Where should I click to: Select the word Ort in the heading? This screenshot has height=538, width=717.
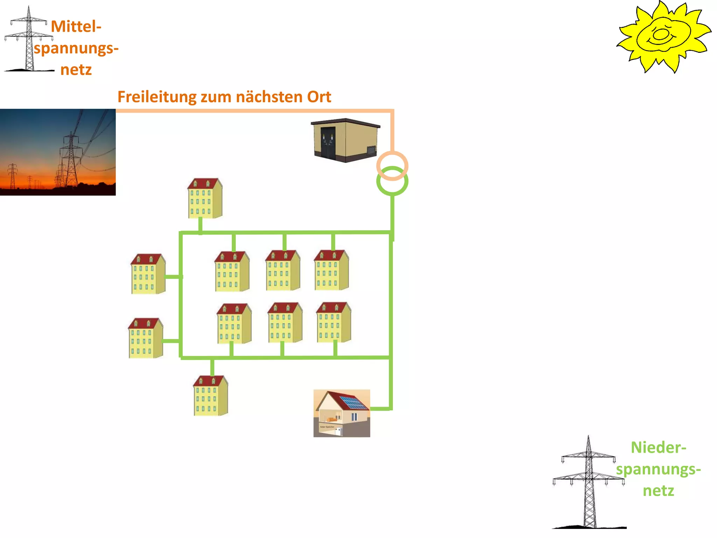pos(319,97)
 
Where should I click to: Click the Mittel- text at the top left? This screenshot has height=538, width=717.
pos(76,27)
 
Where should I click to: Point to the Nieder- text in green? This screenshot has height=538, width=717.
pos(658,448)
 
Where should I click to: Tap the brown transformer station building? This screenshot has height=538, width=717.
pos(345,140)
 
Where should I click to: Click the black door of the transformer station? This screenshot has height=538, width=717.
pos(328,144)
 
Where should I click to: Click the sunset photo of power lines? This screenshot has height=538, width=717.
pos(58,152)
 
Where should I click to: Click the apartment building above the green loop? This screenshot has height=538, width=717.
pos(205,199)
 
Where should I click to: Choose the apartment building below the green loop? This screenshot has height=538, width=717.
pos(210,396)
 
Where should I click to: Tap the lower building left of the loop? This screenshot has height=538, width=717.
pos(145,338)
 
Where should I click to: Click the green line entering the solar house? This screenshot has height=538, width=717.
pos(380,409)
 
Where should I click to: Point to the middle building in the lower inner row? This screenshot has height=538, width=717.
pos(285,323)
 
